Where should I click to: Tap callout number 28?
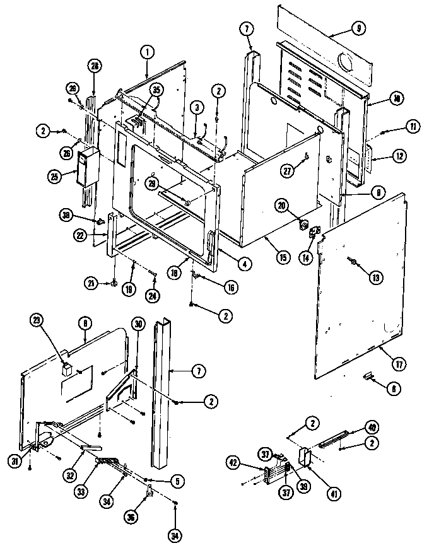[x=95, y=66]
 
